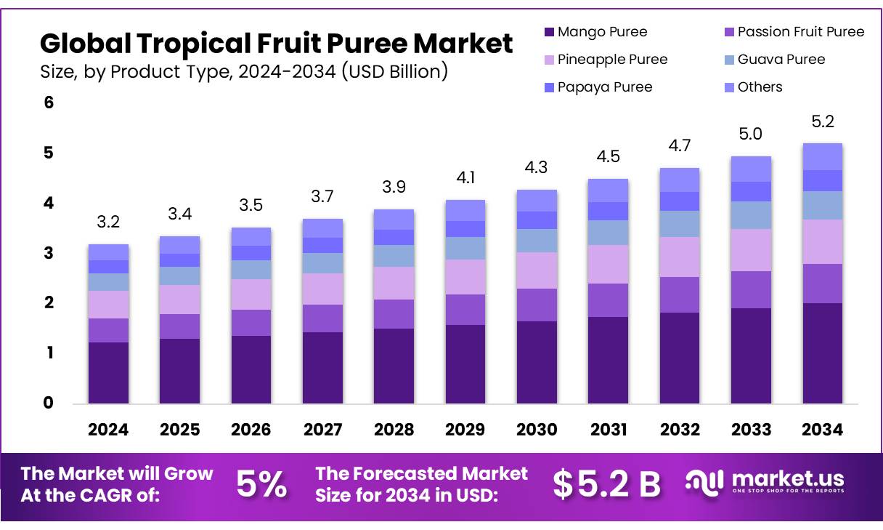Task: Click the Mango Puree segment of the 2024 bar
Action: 108,372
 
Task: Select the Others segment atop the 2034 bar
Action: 822,156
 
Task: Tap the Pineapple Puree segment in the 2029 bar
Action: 465,277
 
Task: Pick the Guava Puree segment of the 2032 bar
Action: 680,224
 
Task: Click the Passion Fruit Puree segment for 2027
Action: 322,318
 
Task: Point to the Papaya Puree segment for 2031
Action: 608,211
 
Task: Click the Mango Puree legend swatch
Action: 549,32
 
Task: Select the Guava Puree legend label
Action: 781,60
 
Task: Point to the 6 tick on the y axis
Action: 49,103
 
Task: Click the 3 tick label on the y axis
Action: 49,253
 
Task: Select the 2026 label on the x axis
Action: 251,430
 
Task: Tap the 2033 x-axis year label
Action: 751,430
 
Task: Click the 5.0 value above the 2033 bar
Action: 751,134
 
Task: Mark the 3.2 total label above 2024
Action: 108,222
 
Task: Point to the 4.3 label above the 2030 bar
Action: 537,167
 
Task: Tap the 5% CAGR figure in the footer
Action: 261,485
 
